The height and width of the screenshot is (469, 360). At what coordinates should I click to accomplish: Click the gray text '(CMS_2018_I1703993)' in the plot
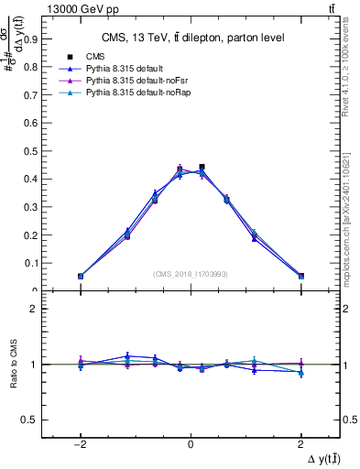coord(191,273)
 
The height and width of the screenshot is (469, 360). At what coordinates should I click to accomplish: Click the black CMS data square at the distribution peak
coord(202,168)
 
